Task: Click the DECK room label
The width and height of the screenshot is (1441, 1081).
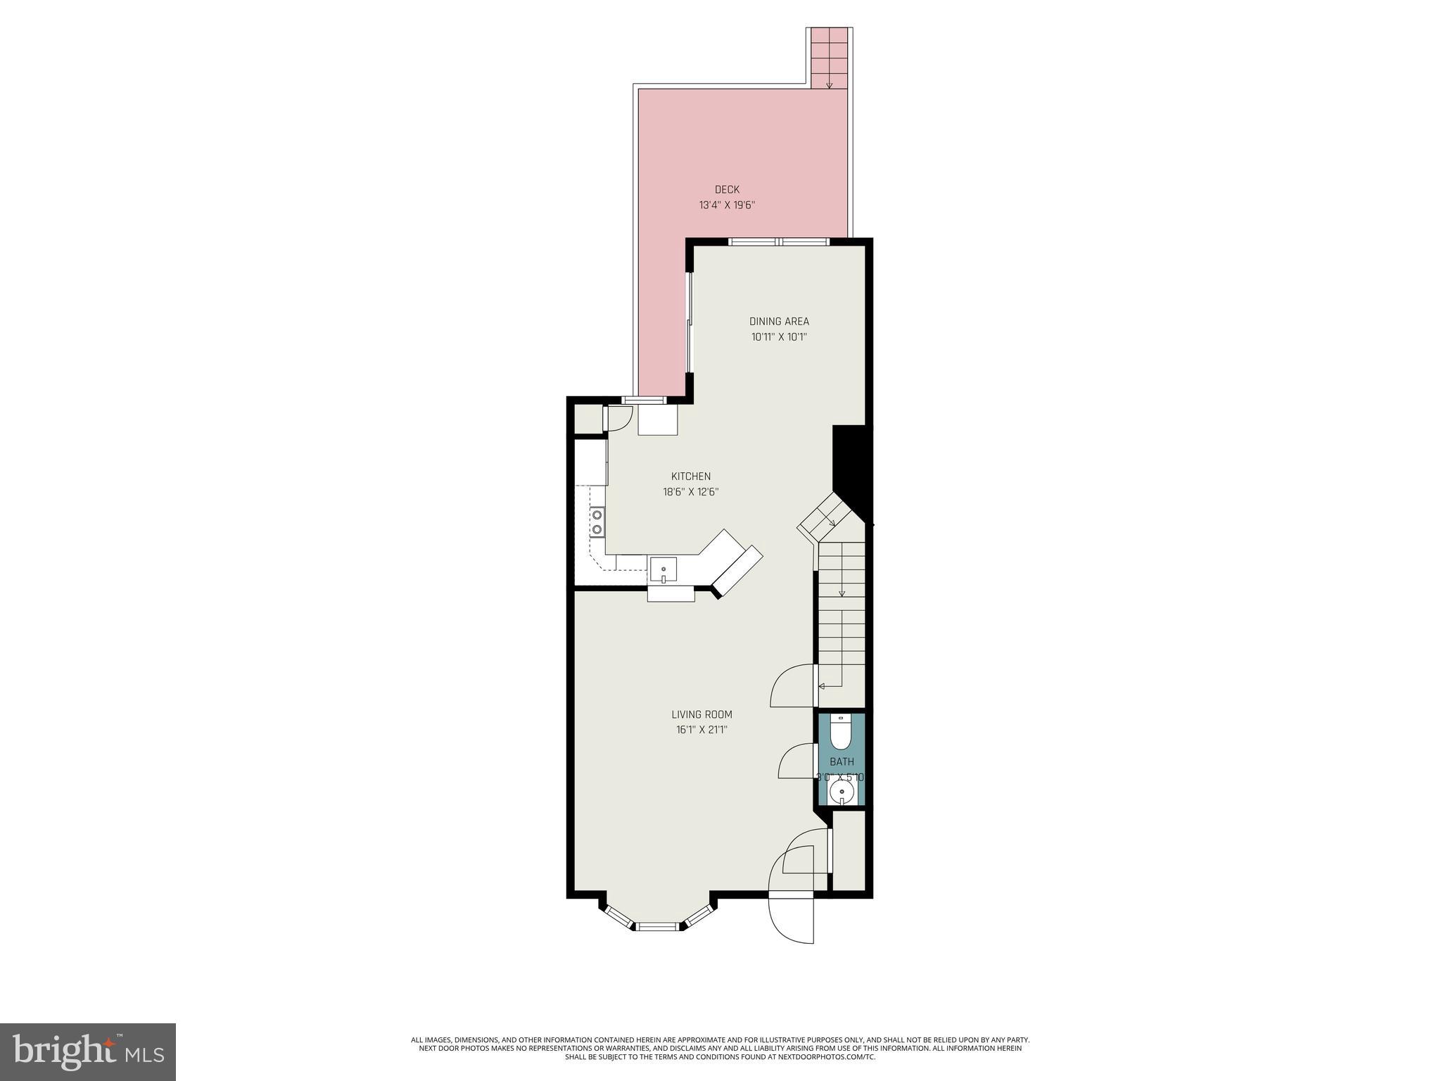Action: coord(727,189)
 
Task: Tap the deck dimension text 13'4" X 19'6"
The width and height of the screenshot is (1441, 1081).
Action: coord(727,206)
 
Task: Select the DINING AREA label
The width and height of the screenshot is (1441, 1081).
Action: coord(779,322)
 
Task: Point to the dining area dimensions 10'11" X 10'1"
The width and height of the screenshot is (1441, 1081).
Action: coord(779,337)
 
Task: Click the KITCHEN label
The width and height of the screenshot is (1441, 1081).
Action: coord(690,476)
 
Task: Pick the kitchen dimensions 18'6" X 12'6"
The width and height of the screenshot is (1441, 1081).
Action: coord(690,493)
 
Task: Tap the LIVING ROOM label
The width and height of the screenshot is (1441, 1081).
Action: coord(702,714)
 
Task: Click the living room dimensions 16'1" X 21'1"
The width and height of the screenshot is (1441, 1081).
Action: coord(702,731)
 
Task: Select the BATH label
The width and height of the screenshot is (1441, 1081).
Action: coord(842,761)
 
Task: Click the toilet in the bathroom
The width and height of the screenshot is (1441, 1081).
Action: coord(841,733)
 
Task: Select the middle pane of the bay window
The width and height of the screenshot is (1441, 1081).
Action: coord(659,926)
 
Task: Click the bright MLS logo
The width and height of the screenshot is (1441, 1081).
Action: coord(87,1051)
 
